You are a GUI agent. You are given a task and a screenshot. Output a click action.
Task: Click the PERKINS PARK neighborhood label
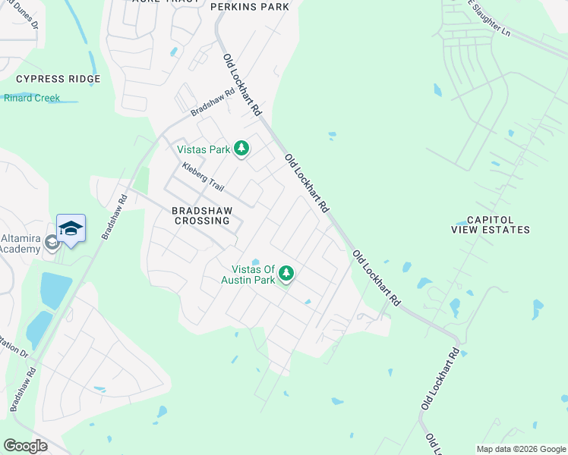click(x=249, y=7)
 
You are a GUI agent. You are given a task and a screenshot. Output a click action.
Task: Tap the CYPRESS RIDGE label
click(x=58, y=79)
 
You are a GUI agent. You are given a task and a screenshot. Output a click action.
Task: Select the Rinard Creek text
click(x=32, y=98)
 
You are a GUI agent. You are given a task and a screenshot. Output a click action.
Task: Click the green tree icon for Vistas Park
click(x=241, y=148)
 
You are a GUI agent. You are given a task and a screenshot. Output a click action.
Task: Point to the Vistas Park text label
click(x=204, y=149)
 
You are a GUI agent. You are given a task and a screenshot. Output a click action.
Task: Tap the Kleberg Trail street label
click(x=204, y=176)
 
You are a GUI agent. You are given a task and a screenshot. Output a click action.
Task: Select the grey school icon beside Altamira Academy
click(x=52, y=243)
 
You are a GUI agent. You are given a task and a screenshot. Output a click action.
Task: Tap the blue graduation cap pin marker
click(x=71, y=228)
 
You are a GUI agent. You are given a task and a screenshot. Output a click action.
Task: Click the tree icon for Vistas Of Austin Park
click(x=286, y=272)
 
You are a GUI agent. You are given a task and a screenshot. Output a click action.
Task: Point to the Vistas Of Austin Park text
click(x=248, y=275)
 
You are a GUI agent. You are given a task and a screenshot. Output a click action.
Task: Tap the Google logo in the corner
click(x=26, y=446)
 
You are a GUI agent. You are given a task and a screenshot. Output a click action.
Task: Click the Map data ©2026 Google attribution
click(x=520, y=449)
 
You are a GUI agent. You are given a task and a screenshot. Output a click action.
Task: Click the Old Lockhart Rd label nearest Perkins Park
click(x=241, y=84)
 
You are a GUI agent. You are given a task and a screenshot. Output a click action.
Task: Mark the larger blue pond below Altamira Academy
click(x=55, y=290)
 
